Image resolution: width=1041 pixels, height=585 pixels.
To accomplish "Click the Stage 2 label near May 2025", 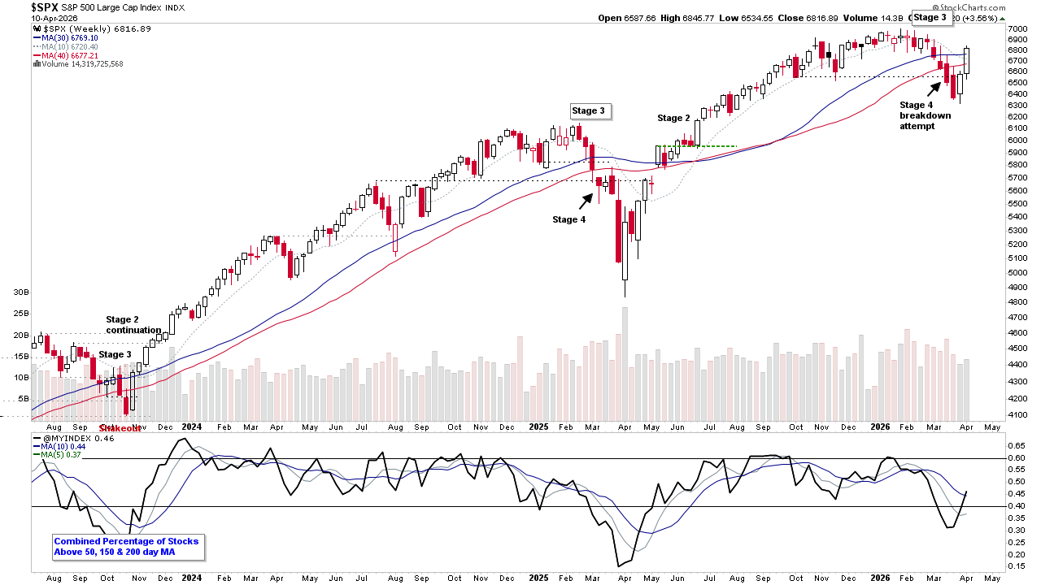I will pyautogui.click(x=674, y=118).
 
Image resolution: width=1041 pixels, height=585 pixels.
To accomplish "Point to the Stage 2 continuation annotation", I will pyautogui.click(x=133, y=325).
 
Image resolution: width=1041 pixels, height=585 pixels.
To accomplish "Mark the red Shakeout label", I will pyautogui.click(x=119, y=427).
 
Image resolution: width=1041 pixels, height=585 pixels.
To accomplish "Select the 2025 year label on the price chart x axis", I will pyautogui.click(x=540, y=427).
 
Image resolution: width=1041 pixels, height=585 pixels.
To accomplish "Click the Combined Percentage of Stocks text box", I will pyautogui.click(x=126, y=548).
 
